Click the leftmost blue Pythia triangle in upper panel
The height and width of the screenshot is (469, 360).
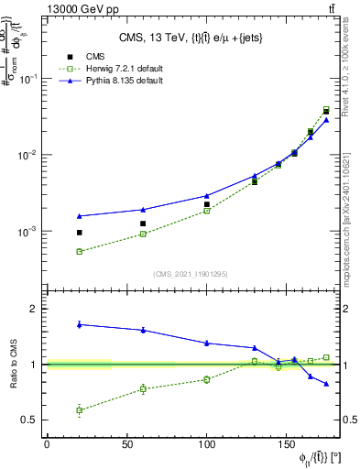pos(80,216)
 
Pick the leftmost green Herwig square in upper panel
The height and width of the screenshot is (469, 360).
pos(80,251)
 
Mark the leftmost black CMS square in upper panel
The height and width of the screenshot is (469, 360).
pos(80,233)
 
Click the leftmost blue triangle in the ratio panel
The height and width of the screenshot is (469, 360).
pos(80,324)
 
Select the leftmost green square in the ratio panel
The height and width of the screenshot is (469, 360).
pos(80,410)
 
